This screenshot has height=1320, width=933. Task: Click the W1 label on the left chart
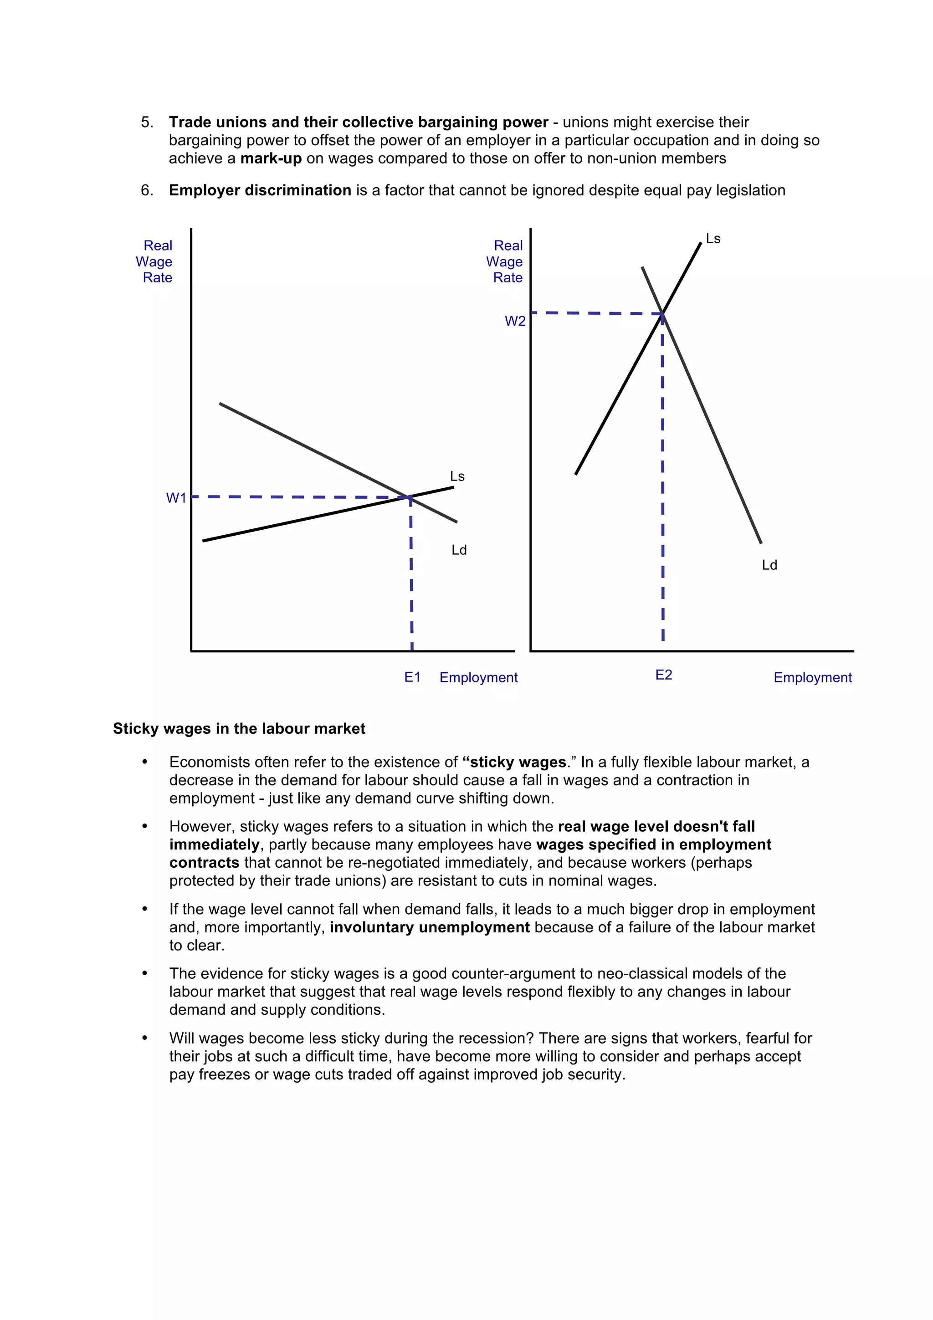(x=176, y=498)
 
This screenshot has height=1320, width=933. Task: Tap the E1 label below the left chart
(x=412, y=677)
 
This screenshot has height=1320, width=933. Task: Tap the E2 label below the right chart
(x=663, y=675)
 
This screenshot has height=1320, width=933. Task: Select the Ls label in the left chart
(x=457, y=476)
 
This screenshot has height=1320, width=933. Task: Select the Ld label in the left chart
(x=459, y=550)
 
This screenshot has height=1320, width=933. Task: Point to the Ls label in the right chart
(x=713, y=239)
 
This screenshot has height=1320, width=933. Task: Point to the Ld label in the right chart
(x=769, y=565)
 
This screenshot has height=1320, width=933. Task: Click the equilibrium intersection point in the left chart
(x=409, y=497)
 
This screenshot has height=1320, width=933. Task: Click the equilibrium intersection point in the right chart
(x=662, y=313)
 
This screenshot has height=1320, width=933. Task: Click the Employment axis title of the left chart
(x=478, y=678)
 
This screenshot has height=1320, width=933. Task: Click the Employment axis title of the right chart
(x=812, y=678)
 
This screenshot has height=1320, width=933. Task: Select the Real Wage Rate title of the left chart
(x=155, y=261)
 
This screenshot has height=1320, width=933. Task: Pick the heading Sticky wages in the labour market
(x=239, y=728)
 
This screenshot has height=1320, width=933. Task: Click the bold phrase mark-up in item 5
(x=271, y=159)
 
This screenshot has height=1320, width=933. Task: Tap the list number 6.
(x=147, y=190)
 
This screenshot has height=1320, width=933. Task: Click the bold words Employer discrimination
(x=260, y=190)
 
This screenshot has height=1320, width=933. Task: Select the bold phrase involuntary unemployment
(x=430, y=927)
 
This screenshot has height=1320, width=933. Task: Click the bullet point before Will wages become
(x=145, y=1039)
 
